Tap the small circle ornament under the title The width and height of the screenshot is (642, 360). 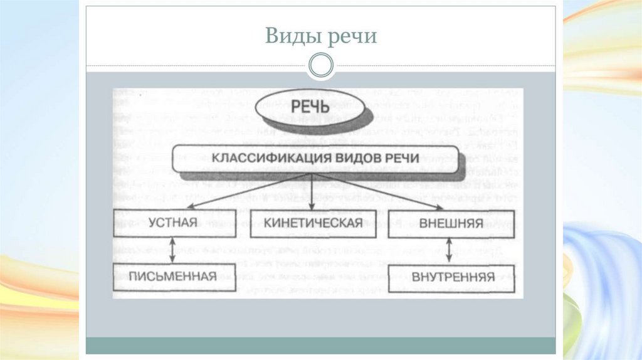point(321,64)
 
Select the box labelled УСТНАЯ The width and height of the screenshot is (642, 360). point(173,223)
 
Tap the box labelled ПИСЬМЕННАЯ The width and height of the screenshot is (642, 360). point(173,277)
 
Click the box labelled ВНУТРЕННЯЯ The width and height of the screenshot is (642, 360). point(450,277)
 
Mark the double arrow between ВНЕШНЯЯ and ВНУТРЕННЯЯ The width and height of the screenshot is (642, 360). point(450,250)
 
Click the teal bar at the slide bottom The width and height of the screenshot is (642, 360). point(321,345)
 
